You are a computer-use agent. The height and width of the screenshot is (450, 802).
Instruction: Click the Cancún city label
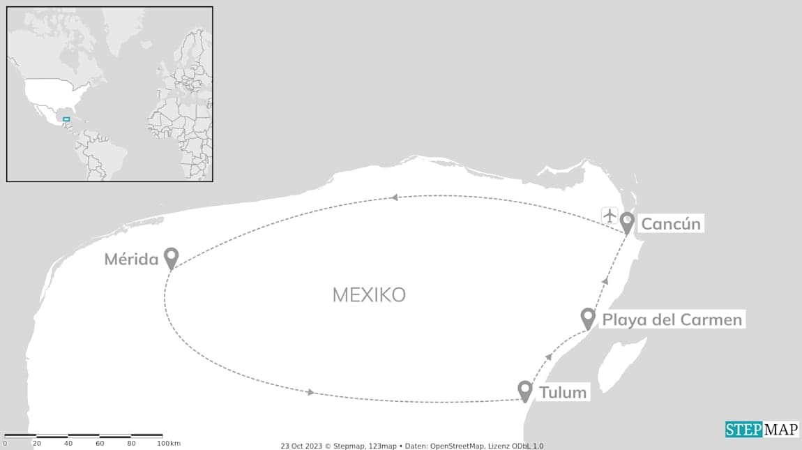(670, 224)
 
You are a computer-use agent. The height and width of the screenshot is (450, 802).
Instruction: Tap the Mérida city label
(132, 260)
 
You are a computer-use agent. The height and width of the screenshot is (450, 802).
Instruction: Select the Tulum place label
(563, 392)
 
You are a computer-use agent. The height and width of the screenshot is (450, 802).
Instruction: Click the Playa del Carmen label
(672, 320)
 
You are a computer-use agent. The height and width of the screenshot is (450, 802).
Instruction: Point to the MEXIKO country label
(369, 295)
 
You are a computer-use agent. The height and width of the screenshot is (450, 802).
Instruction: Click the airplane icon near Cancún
(610, 215)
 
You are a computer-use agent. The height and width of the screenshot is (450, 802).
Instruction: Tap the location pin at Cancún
(627, 223)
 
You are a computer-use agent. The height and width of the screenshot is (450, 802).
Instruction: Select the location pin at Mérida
(171, 257)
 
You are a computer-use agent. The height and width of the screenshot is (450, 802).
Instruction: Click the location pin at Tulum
(525, 391)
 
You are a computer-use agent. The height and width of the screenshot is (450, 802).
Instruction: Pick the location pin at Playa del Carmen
(588, 318)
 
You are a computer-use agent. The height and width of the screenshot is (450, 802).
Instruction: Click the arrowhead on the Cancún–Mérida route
(394, 197)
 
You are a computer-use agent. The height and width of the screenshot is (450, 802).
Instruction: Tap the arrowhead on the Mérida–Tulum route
(310, 392)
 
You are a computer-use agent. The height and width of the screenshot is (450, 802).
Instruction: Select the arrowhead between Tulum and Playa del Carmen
(549, 357)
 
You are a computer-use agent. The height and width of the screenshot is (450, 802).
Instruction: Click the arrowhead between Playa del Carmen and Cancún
(605, 280)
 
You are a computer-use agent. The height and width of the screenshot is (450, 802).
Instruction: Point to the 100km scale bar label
(169, 444)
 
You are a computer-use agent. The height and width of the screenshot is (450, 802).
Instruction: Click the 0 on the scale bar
(6, 444)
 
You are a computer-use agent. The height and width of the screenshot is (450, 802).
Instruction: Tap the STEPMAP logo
(762, 430)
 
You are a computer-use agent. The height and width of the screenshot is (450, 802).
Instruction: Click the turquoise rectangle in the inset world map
(66, 119)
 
